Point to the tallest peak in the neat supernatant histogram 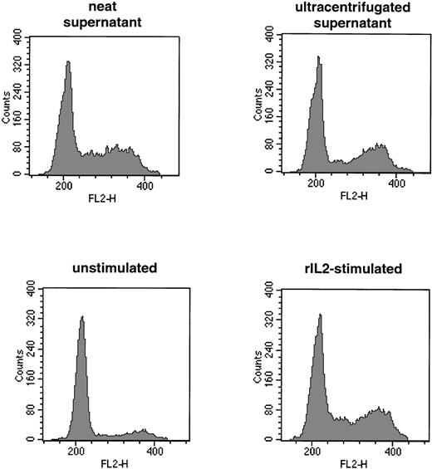[x=67, y=62]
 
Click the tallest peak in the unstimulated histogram [x=81, y=317]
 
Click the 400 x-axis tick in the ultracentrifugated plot [x=396, y=184]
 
